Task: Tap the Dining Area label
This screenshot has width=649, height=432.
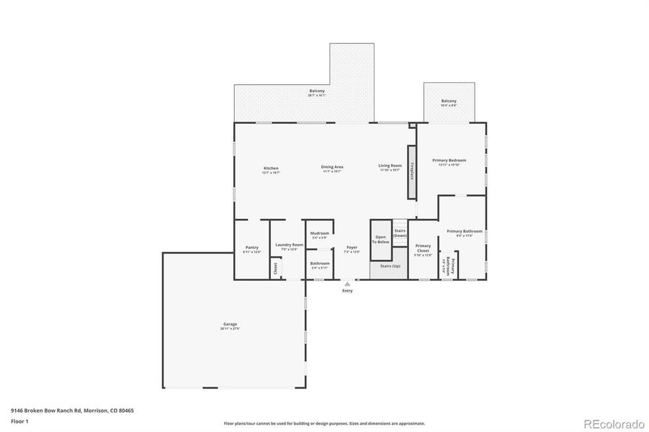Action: click(x=332, y=168)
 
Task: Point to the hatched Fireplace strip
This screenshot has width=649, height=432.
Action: click(x=412, y=173)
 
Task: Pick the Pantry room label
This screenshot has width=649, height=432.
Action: click(x=251, y=249)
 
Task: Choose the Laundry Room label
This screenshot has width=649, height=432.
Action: click(x=289, y=246)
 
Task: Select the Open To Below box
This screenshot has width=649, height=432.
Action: click(x=380, y=240)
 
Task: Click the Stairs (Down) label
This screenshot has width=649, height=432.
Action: click(x=400, y=233)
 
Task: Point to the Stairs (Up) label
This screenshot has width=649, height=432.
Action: click(x=390, y=266)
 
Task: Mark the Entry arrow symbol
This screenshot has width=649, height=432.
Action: click(x=347, y=284)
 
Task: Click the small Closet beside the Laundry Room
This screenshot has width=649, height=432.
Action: click(x=275, y=268)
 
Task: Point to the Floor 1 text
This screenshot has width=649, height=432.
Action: click(x=19, y=420)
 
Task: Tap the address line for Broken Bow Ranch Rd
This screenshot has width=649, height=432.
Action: click(x=72, y=410)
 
